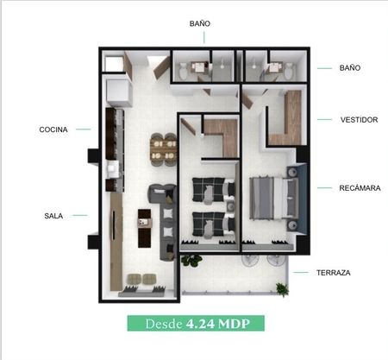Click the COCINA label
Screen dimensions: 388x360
pos(53,129)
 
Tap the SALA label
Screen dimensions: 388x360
pos(53,216)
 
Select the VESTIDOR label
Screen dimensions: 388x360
pos(359,120)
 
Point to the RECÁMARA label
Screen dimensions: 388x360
pos(360,188)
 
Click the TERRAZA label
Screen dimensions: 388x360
pos(334,273)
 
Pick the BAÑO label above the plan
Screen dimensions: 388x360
pos(200,23)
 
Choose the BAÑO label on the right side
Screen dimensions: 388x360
pos(350,68)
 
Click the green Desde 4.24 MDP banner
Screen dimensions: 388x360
pos(196,324)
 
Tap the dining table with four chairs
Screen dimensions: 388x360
pos(164,149)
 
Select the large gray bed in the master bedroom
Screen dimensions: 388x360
pos(274,198)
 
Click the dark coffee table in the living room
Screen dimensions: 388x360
pos(144,228)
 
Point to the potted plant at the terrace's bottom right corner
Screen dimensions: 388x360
pos(282,289)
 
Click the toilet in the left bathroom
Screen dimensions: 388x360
pos(183,71)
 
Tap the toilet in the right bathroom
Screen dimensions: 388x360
pos(289,71)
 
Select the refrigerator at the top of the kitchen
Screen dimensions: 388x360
pos(119,92)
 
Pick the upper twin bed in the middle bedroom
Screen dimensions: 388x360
pos(213,190)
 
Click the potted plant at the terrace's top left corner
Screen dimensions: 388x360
pos(191,260)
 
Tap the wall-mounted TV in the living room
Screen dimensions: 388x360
pos(113,225)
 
